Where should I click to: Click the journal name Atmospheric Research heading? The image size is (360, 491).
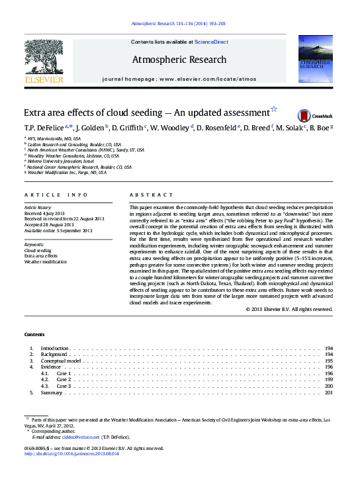coord(179,60)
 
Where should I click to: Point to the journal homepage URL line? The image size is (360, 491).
coord(179,79)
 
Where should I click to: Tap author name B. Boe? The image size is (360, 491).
coord(319,128)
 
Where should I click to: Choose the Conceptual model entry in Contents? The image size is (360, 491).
coord(61,361)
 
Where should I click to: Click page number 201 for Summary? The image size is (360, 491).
coord(328,392)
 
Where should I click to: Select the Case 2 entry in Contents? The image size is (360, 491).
coord(64,380)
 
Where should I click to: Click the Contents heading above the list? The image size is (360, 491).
coord(34,335)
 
